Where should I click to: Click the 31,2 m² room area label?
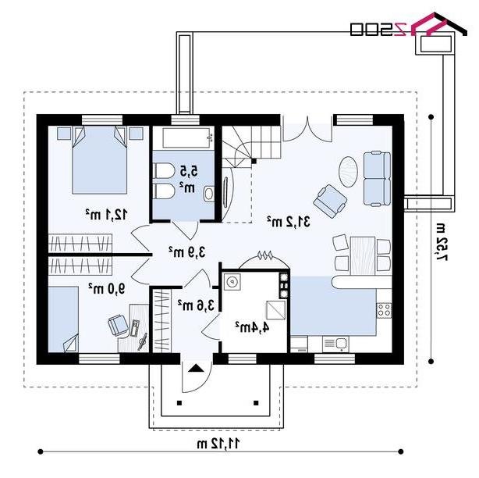pyautogui.click(x=289, y=221)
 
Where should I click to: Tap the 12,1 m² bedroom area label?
pyautogui.click(x=106, y=214)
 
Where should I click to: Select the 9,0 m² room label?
pyautogui.click(x=107, y=288)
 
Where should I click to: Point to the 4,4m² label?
pyautogui.click(x=252, y=327)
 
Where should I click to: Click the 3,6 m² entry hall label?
pyautogui.click(x=196, y=305)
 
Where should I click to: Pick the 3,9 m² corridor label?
pyautogui.click(x=187, y=252)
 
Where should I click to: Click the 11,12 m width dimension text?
pyautogui.click(x=218, y=444)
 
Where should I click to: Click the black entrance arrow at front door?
pyautogui.click(x=196, y=368)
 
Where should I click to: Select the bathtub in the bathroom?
pyautogui.click(x=187, y=138)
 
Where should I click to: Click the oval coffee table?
pyautogui.click(x=349, y=172)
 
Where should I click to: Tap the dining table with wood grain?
pyautogui.click(x=363, y=255)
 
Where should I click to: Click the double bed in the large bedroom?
pyautogui.click(x=100, y=160)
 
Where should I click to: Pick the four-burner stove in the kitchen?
pyautogui.click(x=385, y=310)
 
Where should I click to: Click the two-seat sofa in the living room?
pyautogui.click(x=377, y=179)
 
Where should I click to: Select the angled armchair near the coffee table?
pyautogui.click(x=330, y=201)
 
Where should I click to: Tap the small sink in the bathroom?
pyautogui.click(x=209, y=194)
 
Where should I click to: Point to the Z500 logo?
pyautogui.click(x=409, y=26)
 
